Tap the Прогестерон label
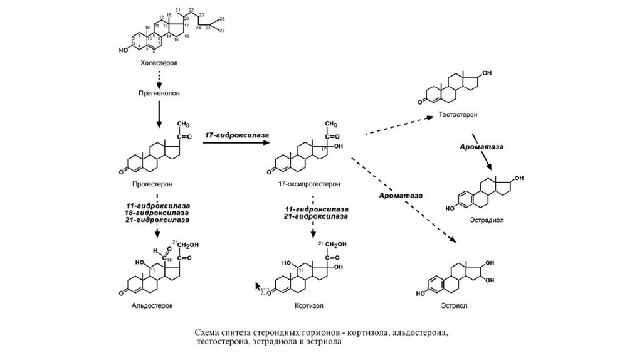pyautogui.click(x=152, y=184)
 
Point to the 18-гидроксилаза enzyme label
pyautogui.click(x=157, y=213)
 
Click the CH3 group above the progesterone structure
pyautogui.click(x=185, y=123)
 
